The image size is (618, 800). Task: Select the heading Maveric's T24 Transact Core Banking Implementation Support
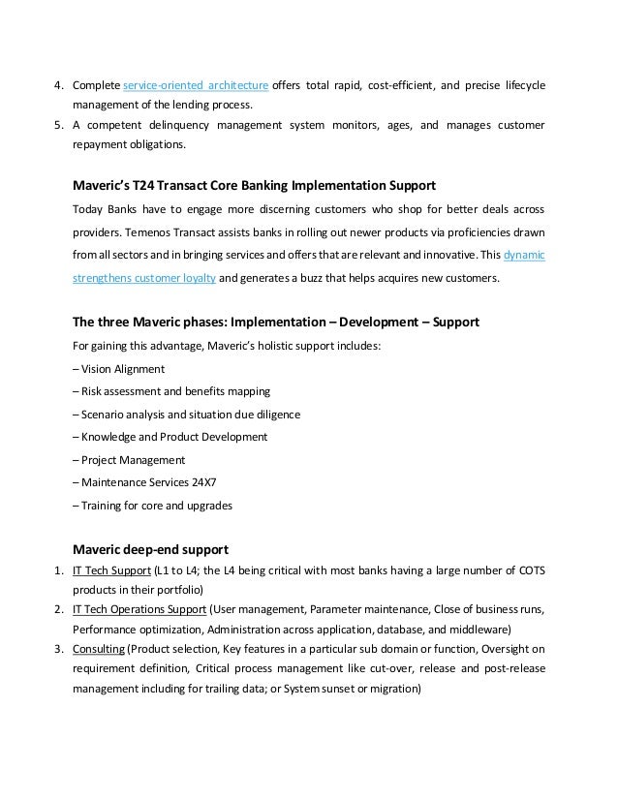(255, 184)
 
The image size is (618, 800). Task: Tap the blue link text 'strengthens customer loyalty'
(143, 278)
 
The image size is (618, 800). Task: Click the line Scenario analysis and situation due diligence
(186, 415)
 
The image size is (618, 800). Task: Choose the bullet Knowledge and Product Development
(170, 437)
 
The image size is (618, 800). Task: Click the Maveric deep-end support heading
(150, 549)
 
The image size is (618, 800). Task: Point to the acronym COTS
(529, 569)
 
